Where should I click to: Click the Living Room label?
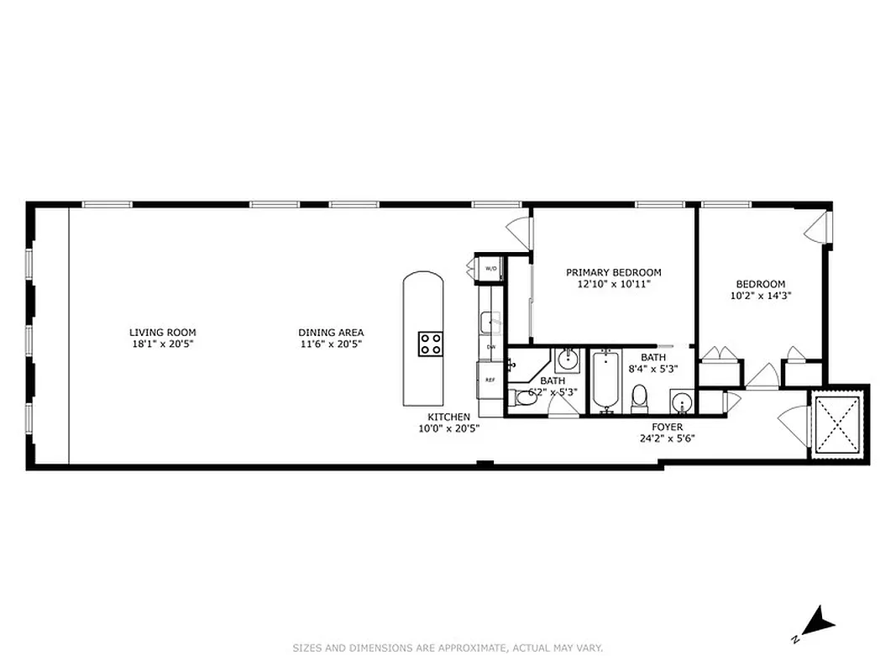point(162,333)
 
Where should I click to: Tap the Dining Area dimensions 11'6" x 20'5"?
point(332,344)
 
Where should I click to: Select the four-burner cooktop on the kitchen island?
point(432,343)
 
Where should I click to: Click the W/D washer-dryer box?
point(490,268)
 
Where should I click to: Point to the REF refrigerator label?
point(490,380)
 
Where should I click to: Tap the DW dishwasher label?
point(491,346)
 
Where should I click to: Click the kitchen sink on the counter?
point(490,320)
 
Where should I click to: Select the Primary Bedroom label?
point(613,272)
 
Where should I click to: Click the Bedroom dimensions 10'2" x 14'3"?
point(761,296)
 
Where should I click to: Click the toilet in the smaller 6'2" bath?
point(527,399)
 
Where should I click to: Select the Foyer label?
point(668,427)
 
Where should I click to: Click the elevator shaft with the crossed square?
point(837,425)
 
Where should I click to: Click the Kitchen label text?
point(448,417)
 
